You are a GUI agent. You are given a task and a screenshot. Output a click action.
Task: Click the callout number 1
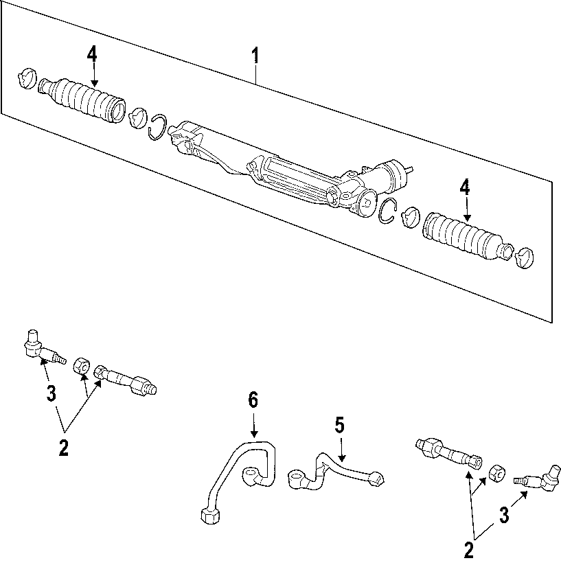click(255, 56)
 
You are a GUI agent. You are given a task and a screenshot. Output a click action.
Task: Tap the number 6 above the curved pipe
click(253, 401)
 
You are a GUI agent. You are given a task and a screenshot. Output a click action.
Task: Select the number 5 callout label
click(339, 426)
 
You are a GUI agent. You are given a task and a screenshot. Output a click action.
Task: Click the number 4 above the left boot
click(92, 55)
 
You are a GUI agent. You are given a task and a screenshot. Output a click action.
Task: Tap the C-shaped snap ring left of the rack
click(157, 127)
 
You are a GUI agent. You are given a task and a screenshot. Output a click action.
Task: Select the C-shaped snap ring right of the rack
click(388, 211)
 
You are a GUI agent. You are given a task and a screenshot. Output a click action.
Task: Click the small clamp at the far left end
click(27, 78)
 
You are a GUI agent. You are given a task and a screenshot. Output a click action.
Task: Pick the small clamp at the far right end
click(525, 257)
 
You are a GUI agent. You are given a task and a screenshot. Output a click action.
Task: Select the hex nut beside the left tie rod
click(82, 367)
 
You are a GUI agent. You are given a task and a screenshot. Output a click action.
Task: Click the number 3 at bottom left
click(51, 393)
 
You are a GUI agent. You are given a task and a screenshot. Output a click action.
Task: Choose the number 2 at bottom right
click(468, 550)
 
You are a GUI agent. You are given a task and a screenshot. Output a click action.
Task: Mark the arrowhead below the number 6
click(253, 433)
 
